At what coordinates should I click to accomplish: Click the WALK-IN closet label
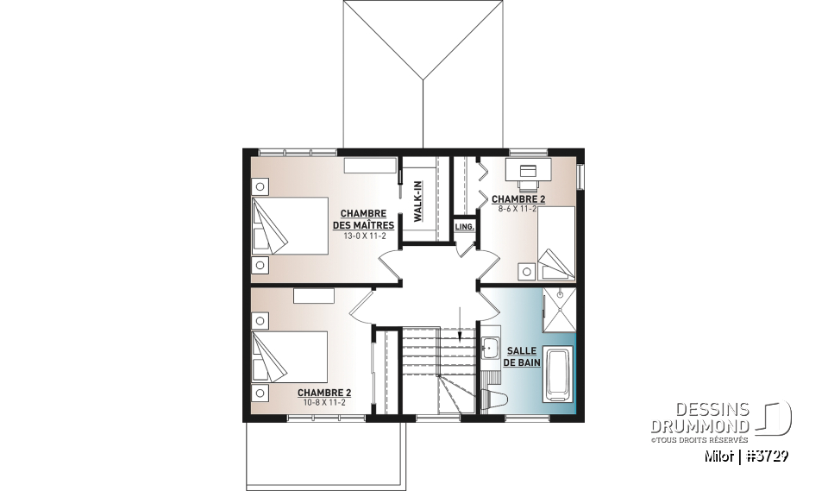[417, 203]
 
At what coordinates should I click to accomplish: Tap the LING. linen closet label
[464, 227]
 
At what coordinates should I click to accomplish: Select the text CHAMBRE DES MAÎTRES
[363, 219]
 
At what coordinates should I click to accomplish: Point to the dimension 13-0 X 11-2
[363, 236]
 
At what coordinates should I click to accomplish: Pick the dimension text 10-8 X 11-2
[323, 403]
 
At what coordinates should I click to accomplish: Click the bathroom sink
[492, 349]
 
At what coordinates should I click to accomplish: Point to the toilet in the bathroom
[497, 396]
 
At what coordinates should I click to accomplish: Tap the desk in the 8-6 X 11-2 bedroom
[526, 169]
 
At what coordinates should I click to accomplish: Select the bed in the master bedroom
[289, 225]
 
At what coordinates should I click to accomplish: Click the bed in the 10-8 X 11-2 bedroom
[289, 356]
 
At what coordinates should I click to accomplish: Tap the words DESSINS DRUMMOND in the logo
[699, 418]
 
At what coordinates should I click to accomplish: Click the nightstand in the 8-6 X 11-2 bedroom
[525, 270]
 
